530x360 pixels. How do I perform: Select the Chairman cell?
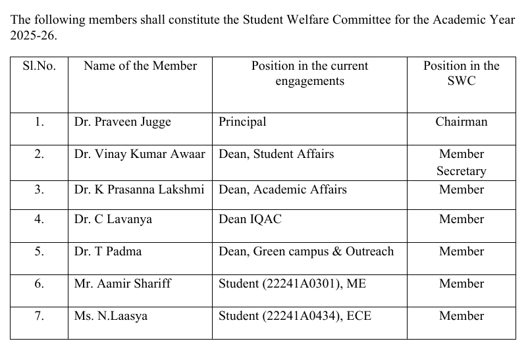click(x=462, y=122)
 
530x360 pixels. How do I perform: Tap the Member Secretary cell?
click(x=462, y=163)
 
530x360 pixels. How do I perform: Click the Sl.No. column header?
click(x=39, y=66)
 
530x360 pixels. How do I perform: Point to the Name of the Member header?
click(x=140, y=66)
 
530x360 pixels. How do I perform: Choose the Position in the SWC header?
click(x=462, y=73)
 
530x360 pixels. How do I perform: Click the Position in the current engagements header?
click(x=309, y=73)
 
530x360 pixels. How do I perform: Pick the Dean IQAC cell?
click(x=250, y=219)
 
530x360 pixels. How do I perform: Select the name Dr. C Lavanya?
click(x=113, y=219)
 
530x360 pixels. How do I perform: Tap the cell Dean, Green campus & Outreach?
click(x=306, y=251)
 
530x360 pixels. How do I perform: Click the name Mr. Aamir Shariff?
click(x=122, y=284)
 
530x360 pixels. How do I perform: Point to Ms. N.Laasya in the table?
click(x=111, y=316)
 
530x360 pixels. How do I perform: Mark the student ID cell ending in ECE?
click(x=295, y=316)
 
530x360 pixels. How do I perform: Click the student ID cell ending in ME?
click(x=291, y=284)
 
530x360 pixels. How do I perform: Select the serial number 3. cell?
click(x=39, y=190)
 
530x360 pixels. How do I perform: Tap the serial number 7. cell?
click(x=39, y=316)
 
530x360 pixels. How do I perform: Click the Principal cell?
click(x=242, y=122)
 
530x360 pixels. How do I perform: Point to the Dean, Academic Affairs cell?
click(x=282, y=190)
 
